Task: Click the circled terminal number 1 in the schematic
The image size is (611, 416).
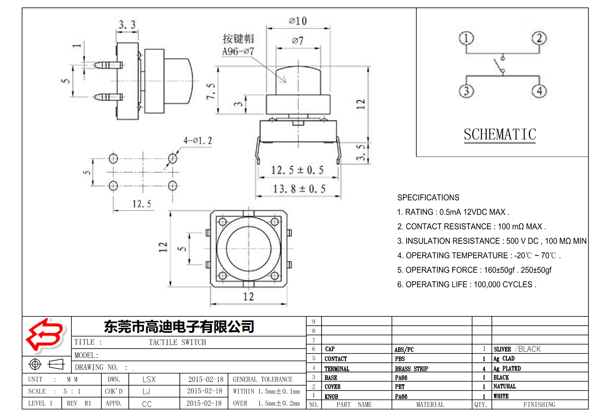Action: [x=466, y=38]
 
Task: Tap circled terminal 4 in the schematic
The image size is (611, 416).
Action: [x=539, y=91]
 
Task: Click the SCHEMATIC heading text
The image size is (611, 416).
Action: [x=500, y=135]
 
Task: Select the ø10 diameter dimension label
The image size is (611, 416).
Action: [x=298, y=21]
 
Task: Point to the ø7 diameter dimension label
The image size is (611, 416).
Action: [x=298, y=40]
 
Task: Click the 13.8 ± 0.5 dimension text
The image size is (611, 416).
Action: [x=299, y=189]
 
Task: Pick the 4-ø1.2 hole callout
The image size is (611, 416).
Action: [x=198, y=141]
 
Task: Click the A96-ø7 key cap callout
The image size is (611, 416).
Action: [x=238, y=51]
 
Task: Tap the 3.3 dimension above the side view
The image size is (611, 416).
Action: [x=127, y=25]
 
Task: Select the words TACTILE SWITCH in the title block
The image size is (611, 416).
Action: [x=177, y=342]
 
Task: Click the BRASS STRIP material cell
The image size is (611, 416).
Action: [x=411, y=369]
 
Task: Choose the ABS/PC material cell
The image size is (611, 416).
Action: [x=404, y=349]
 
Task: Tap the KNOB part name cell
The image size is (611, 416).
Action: [x=331, y=396]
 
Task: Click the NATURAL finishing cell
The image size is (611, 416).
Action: [x=504, y=386]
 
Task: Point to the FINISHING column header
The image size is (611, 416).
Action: [x=539, y=405]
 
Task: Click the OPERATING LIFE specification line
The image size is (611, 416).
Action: [x=466, y=285]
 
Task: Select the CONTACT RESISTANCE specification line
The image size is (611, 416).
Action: [x=471, y=227]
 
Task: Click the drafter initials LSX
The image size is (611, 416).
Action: [x=149, y=379]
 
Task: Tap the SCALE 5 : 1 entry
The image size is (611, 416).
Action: [x=54, y=391]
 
